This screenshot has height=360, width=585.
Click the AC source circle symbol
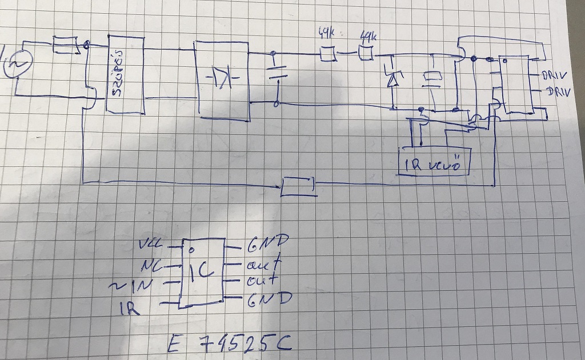click(15, 64)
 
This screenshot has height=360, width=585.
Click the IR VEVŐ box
click(435, 164)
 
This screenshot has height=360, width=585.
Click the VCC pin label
click(151, 246)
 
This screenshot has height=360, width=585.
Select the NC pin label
click(153, 266)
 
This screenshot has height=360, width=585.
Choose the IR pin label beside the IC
click(128, 309)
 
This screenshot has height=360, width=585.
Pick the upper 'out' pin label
click(264, 265)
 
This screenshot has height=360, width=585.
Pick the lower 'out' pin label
click(262, 281)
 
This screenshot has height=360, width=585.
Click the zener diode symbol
click(392, 77)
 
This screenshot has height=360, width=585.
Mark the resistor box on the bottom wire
click(299, 186)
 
